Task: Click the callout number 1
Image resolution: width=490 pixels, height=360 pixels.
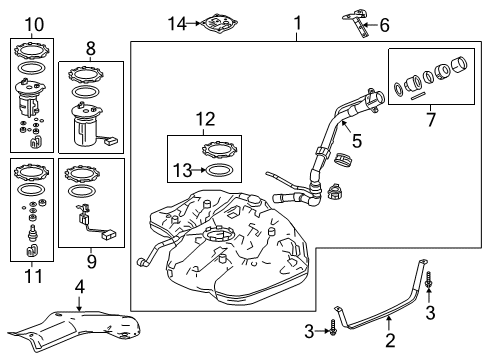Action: (x=296, y=21)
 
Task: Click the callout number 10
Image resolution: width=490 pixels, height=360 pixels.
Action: (x=35, y=23)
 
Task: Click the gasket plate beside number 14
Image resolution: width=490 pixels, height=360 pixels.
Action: (x=221, y=22)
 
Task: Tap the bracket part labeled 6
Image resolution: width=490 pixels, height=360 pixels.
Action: (x=358, y=21)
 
